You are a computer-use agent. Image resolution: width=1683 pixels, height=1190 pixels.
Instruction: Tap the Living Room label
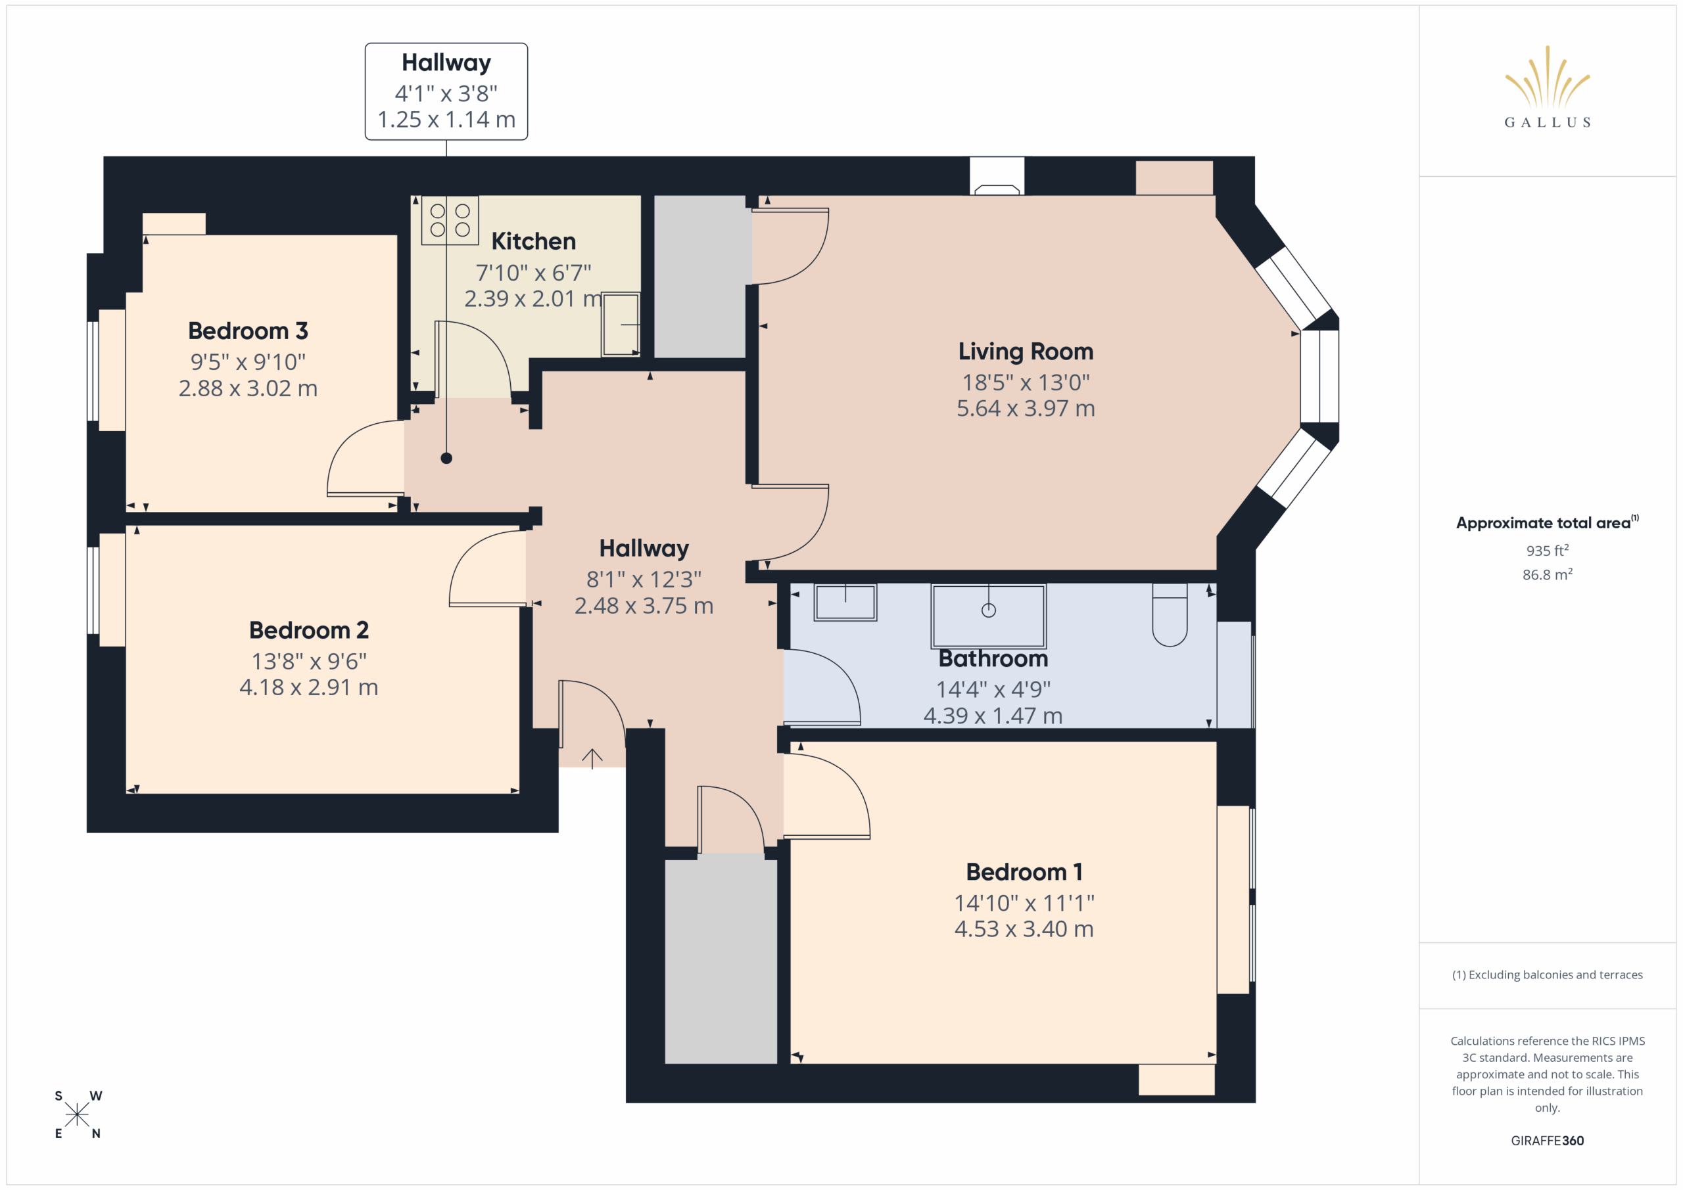(x=1026, y=352)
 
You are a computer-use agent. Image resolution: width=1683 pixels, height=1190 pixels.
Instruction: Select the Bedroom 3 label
(x=248, y=331)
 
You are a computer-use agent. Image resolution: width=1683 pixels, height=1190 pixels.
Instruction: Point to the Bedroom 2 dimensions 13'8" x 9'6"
(x=308, y=662)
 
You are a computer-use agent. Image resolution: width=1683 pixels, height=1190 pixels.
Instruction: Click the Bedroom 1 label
(x=1024, y=872)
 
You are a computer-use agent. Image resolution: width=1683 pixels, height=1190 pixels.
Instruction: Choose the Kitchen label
(x=533, y=241)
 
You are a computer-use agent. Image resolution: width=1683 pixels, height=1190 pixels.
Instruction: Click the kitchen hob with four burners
(x=450, y=220)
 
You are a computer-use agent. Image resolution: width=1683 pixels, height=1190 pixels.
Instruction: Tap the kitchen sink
(x=621, y=324)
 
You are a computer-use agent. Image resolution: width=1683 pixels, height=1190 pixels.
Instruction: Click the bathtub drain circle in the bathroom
(x=989, y=610)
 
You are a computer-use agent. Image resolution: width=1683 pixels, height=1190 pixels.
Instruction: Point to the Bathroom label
(x=993, y=659)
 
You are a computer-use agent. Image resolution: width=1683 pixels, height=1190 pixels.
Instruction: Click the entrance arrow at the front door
(x=592, y=758)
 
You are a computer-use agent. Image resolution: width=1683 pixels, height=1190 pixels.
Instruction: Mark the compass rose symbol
(x=77, y=1115)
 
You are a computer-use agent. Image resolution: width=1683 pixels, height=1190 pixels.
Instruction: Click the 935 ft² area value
(x=1548, y=550)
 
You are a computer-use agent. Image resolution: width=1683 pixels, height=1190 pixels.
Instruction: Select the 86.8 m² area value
(x=1548, y=574)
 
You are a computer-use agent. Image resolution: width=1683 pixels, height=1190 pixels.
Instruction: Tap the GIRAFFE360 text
(x=1548, y=1141)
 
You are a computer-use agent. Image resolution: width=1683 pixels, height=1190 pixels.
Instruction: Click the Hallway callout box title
(x=446, y=63)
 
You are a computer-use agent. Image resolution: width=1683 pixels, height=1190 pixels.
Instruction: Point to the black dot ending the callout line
(x=446, y=459)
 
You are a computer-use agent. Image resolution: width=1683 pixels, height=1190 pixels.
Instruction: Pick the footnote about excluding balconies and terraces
(x=1548, y=974)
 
